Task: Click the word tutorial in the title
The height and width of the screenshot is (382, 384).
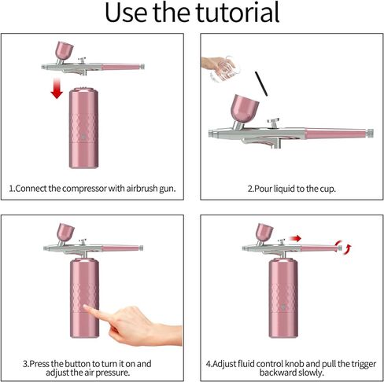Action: [238, 13]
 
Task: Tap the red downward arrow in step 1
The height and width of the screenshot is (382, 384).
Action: [57, 88]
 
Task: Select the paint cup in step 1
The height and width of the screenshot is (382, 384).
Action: [65, 50]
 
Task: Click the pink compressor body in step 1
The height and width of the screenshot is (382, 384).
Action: [83, 128]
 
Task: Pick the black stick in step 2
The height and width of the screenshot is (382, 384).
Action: [261, 84]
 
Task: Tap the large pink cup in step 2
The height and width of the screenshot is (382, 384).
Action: [245, 109]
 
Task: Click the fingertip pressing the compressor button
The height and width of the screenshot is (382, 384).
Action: [86, 307]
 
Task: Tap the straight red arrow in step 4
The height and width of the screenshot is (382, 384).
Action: [295, 238]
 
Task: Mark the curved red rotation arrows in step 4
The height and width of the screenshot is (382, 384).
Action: [343, 247]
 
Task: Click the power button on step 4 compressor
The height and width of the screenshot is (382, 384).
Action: [282, 307]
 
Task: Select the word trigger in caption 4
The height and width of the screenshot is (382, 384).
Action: [363, 364]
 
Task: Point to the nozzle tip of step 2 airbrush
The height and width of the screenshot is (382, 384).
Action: [210, 134]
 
